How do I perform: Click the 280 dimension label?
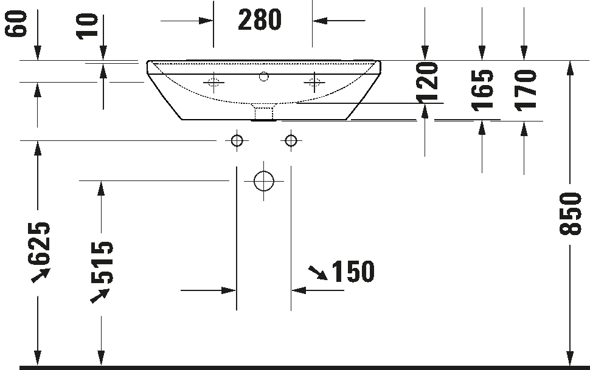260,20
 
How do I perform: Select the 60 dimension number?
18,24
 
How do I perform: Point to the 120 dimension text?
428,81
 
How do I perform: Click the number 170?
526,90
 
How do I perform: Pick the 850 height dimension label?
571,214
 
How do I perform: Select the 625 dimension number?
40,244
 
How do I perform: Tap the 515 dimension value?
102,262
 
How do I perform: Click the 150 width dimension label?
353,272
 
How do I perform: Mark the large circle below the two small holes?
264,180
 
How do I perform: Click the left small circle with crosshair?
237,141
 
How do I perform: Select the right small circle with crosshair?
291,141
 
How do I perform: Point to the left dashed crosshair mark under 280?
213,82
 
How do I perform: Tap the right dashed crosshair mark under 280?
314,82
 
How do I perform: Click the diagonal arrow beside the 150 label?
317,272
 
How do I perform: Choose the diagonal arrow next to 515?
100,295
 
